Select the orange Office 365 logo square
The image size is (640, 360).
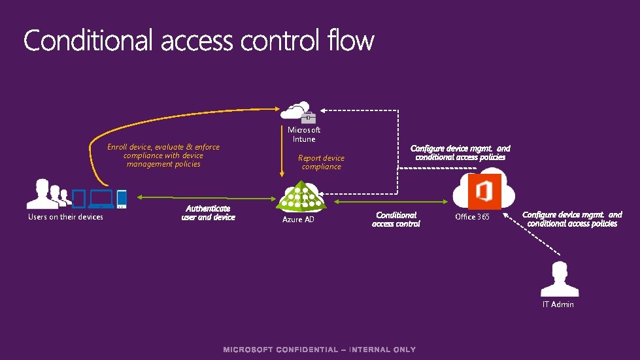(x=484, y=191)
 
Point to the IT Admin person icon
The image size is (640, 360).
(x=558, y=279)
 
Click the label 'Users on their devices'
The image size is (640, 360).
(x=65, y=217)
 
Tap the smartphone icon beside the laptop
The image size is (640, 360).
(x=122, y=198)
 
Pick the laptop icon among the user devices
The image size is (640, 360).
(x=101, y=197)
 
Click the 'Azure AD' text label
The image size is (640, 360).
(x=298, y=220)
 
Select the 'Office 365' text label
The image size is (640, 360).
(x=472, y=217)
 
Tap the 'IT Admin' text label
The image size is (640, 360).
(x=558, y=304)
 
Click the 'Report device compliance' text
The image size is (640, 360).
(x=321, y=162)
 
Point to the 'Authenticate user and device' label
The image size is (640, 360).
(x=208, y=213)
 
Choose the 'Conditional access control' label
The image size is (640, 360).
(x=396, y=219)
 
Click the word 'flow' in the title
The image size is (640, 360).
(x=352, y=41)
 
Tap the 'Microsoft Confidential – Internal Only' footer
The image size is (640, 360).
(x=320, y=350)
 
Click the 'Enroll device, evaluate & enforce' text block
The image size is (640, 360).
(x=163, y=155)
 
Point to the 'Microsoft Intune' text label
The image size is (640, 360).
(x=304, y=135)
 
